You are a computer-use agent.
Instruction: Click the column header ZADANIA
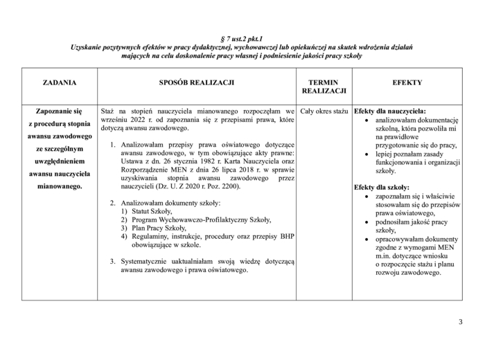coord(59,82)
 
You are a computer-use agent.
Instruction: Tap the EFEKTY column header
coord(407,82)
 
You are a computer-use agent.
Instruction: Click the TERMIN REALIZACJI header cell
coord(324,87)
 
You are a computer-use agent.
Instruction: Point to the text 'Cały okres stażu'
coord(324,111)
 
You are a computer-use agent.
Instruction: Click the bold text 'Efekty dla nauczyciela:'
coord(390,111)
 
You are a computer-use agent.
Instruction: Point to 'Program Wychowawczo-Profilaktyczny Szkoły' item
coord(202,219)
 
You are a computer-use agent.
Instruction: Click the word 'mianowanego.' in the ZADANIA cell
coord(59,186)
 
